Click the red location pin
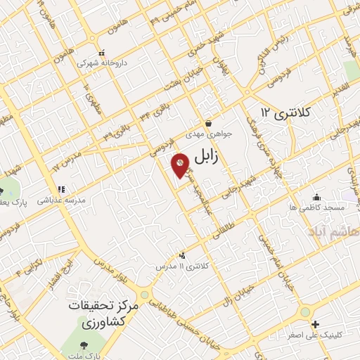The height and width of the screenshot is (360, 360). (x=180, y=165)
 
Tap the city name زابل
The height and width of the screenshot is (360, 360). (x=205, y=158)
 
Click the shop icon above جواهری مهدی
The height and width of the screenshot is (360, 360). (x=209, y=122)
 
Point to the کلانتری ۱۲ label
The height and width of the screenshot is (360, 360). (x=288, y=112)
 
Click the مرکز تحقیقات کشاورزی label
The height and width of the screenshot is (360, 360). (x=105, y=314)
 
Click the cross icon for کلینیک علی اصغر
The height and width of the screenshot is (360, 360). (x=316, y=325)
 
